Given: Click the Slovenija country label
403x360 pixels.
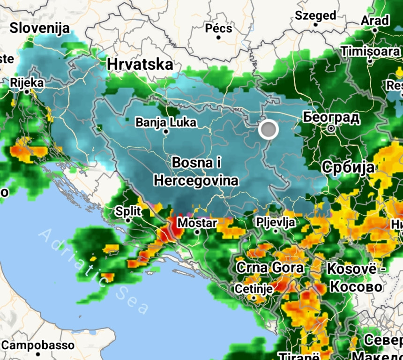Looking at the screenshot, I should tap(39, 28).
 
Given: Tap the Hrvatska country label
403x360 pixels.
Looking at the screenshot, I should tap(140, 64).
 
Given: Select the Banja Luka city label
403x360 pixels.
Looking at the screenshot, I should tap(166, 122).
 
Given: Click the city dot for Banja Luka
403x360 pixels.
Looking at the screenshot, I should tap(166, 132).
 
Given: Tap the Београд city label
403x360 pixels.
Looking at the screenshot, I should tap(331, 117).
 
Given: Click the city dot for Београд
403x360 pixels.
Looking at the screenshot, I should tap(331, 128).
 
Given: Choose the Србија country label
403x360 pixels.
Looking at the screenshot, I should tap(348, 167).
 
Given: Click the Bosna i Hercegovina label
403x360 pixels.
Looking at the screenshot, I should tap(196, 172).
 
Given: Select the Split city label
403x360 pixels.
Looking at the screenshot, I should tap(127, 210).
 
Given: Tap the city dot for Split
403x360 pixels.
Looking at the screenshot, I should tap(127, 220).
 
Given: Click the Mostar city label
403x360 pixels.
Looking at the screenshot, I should tap(197, 223).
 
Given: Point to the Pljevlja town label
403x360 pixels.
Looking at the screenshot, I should tap(276, 221).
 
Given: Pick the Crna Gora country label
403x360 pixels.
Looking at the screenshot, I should tap(269, 268).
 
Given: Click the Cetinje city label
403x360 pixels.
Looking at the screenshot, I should tap(254, 289).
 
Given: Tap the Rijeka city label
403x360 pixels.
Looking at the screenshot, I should tap(27, 83).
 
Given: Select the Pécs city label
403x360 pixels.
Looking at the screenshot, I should tap(218, 28).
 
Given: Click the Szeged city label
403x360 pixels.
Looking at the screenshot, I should tap(315, 15).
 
